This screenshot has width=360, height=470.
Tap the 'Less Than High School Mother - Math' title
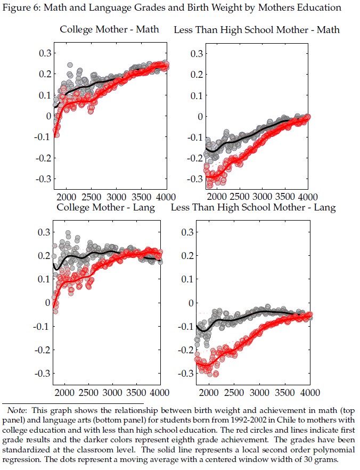point(257,29)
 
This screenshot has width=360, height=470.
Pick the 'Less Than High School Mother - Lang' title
point(253,207)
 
